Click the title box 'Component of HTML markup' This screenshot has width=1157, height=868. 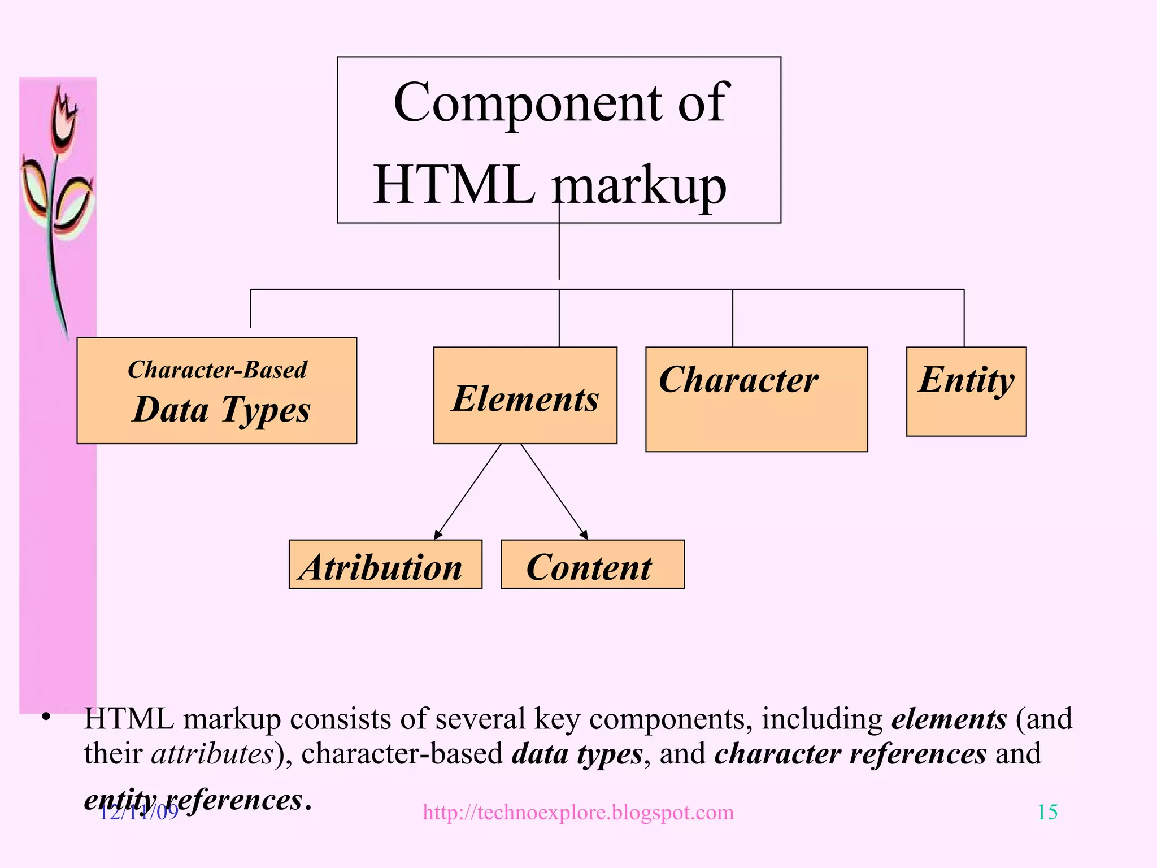(x=559, y=140)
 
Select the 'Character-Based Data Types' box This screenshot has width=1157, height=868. (x=216, y=390)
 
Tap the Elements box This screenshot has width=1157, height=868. (x=525, y=396)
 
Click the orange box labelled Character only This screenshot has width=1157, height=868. (x=756, y=399)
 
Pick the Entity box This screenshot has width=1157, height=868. (x=966, y=391)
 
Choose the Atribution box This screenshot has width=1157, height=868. (x=385, y=565)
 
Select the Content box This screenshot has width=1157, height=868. (x=592, y=565)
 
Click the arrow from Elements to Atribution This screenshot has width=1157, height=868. (x=468, y=491)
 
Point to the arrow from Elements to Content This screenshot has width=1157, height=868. (x=554, y=491)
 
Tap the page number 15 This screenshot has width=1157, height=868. (x=1047, y=812)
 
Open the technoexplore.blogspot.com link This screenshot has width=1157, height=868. (x=578, y=813)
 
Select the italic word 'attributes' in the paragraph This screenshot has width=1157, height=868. (x=212, y=754)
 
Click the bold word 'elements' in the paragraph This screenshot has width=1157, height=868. (x=949, y=719)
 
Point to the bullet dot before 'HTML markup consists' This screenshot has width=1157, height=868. (x=46, y=718)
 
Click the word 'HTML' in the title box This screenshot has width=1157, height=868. (x=454, y=184)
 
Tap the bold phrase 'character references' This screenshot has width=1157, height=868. (x=850, y=754)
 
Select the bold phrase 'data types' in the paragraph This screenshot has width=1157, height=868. (x=577, y=754)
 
